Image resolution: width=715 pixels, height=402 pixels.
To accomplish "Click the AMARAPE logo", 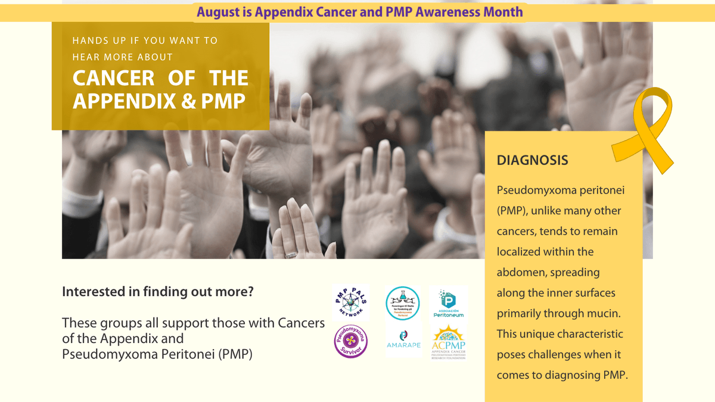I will [x=403, y=341].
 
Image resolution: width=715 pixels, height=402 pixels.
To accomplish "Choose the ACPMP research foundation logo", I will [x=449, y=342].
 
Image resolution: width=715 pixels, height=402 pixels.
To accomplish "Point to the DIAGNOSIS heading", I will [x=532, y=160].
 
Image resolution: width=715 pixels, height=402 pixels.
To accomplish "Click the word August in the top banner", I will [x=219, y=12].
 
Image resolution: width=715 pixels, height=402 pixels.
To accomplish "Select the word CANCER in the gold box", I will [x=113, y=79].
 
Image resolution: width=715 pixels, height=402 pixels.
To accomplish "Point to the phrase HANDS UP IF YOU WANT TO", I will [x=145, y=40].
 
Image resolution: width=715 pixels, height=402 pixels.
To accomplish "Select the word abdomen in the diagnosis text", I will [x=523, y=272].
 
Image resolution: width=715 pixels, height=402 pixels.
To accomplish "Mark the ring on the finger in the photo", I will [x=291, y=254].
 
